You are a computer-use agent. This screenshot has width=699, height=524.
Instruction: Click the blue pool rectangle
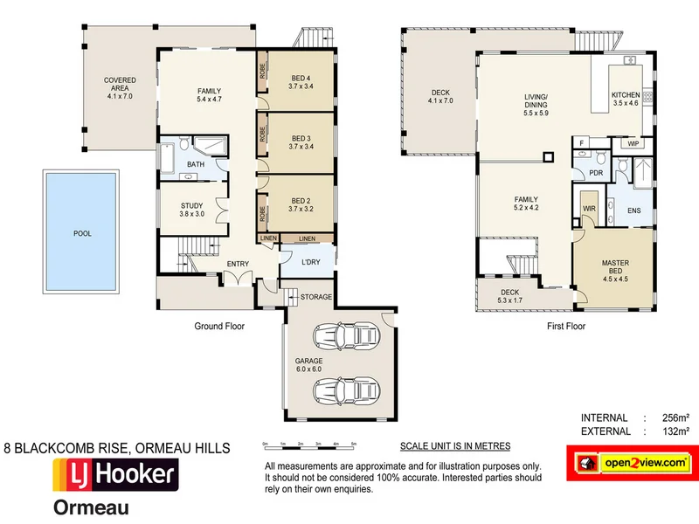tap(82, 233)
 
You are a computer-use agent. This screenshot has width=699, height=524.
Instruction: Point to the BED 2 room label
tap(301, 204)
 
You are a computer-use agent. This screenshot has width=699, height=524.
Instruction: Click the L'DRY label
tap(310, 263)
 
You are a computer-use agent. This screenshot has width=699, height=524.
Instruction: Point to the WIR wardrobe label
tap(589, 208)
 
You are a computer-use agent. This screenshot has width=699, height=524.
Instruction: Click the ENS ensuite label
tap(635, 210)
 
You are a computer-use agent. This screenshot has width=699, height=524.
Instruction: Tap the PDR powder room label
tap(596, 173)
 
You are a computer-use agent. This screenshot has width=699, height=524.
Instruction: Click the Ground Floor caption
tap(218, 326)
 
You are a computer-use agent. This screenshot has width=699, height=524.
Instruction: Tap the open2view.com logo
tap(630, 462)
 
